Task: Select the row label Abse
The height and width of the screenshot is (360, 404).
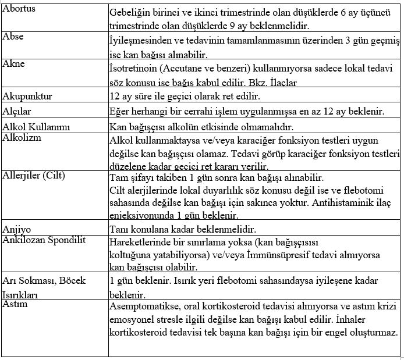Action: pyautogui.click(x=13, y=37)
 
